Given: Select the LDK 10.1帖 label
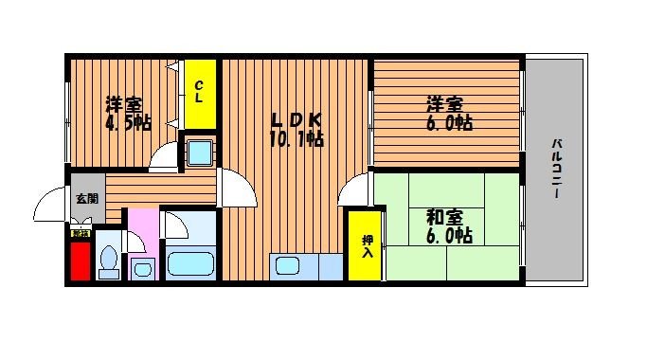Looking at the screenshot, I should coord(297,130).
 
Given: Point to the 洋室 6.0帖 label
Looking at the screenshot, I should coord(445,114).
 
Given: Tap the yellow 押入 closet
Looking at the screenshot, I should coord(367,246).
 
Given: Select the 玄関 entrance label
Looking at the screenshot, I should coord(86,198).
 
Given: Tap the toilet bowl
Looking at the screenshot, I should coord(109,259).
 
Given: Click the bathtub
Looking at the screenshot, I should coord(191,264).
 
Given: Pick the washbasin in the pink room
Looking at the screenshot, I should coord(143,267).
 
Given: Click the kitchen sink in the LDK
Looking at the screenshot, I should coord(290,266).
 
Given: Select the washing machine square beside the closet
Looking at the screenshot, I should coord(201,152).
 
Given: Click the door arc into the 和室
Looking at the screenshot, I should coord(354,189).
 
